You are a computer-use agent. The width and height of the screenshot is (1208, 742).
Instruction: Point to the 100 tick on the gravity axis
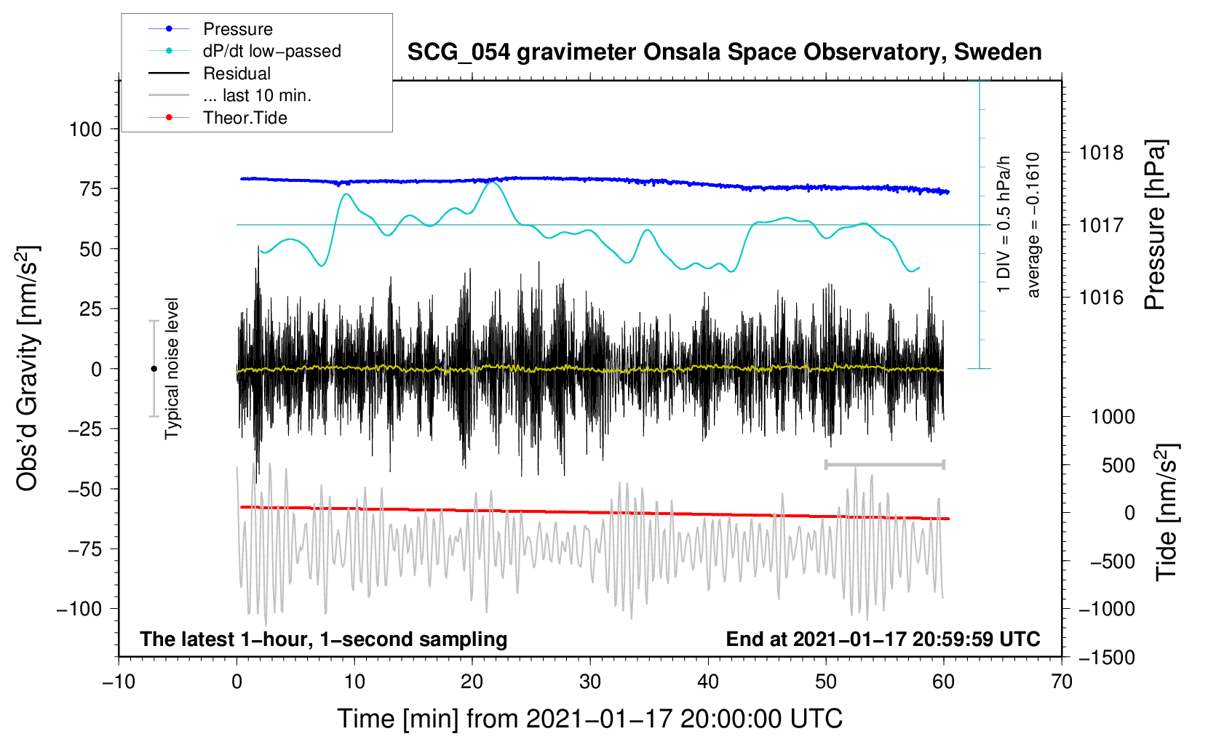85,129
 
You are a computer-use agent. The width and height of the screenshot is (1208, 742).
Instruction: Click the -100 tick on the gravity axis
79,609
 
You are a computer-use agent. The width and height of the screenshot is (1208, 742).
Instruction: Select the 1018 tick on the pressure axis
1101,153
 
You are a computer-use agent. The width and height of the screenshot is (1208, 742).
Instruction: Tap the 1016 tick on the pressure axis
1101,298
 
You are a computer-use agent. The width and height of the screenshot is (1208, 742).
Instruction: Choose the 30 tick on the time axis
590,682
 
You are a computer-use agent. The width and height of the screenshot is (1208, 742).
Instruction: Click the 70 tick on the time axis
1062,682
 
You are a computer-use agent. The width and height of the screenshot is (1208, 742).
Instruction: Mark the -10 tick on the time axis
119,682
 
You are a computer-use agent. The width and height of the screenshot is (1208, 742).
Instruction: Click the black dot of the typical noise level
154,369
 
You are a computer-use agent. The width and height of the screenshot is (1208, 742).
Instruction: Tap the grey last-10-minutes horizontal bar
884,464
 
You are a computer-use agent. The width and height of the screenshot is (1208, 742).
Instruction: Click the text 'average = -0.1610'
1033,226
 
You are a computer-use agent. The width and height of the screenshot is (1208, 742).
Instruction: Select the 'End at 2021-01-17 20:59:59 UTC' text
883,639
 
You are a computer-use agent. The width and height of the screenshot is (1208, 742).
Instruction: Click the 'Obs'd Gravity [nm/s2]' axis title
28,369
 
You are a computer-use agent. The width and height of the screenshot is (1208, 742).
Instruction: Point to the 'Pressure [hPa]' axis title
1155,226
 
